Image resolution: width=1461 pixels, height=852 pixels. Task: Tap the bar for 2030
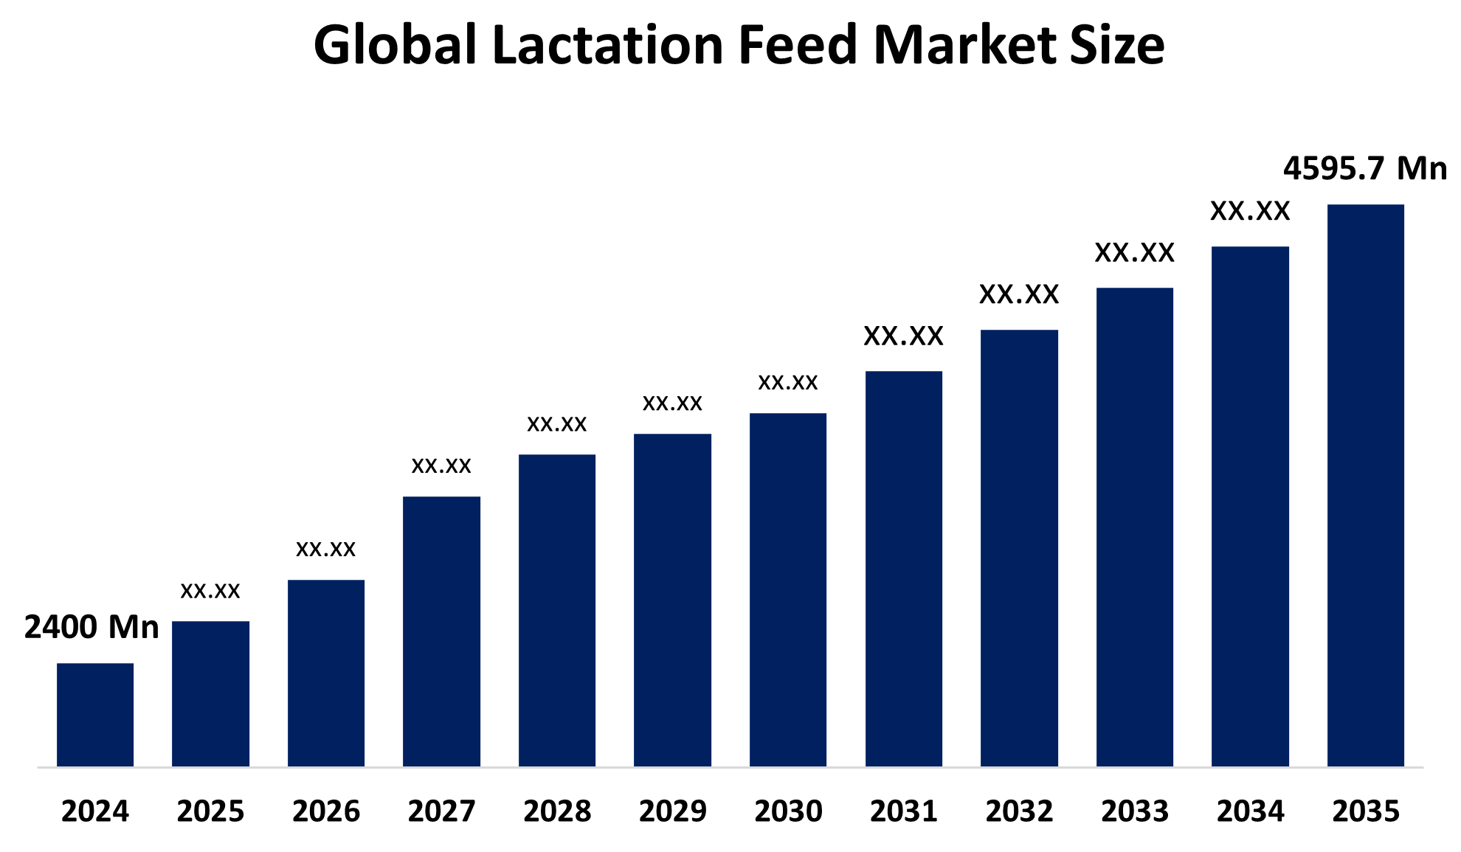(788, 589)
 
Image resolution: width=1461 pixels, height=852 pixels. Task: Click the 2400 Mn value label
(91, 628)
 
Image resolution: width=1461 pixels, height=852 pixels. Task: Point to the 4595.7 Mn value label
(1364, 169)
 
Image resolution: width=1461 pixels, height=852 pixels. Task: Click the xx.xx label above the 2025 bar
(210, 591)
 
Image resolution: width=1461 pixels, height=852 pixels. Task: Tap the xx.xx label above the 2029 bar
(672, 404)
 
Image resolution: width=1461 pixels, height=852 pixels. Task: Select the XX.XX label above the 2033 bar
(1134, 253)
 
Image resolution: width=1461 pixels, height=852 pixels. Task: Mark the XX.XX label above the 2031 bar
(903, 336)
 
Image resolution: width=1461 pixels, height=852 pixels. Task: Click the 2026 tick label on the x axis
(326, 811)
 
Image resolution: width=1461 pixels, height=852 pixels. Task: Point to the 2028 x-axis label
(557, 811)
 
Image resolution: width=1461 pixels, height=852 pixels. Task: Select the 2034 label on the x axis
(1250, 811)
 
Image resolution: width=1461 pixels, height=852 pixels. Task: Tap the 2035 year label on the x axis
(1365, 811)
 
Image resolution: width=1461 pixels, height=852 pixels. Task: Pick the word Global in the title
(395, 46)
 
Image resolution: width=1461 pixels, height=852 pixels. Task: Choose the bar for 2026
(326, 673)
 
